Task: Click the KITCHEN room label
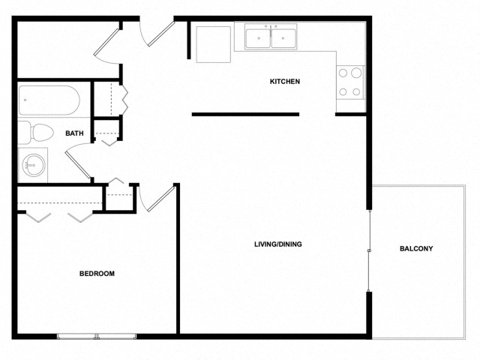285,81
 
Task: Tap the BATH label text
74,133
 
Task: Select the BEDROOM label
97,274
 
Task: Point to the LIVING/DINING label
277,244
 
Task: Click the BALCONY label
416,248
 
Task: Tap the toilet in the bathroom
35,133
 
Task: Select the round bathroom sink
33,164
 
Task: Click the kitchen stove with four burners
349,82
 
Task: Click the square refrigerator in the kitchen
213,44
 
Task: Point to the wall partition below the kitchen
245,115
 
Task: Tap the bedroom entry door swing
157,197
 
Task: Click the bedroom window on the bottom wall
97,335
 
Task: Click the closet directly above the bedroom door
119,196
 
